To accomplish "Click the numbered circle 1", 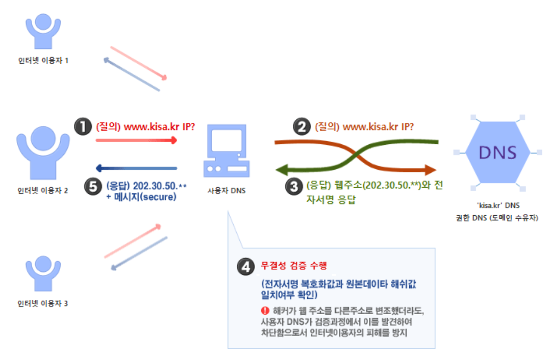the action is tap(83, 126).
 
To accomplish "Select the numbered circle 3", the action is tap(294, 187).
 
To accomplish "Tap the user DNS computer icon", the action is tap(226, 152).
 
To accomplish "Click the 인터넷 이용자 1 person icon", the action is tap(43, 33).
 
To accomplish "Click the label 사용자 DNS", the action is tap(227, 191).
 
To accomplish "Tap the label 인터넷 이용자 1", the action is tap(43, 61).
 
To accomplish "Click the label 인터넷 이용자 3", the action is tap(43, 304).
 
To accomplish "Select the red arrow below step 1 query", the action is tap(136, 140).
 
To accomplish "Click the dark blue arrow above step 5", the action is tap(136, 168).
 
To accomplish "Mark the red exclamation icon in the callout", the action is tap(265, 311).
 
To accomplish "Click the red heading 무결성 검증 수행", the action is tap(293, 266).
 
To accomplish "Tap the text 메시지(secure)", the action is tap(145, 197).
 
